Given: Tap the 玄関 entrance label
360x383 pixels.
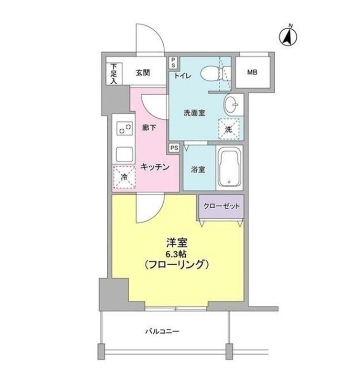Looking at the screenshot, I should pyautogui.click(x=143, y=73).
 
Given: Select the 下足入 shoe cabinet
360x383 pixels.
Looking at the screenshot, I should pyautogui.click(x=114, y=73).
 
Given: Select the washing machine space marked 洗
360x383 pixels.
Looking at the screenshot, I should pyautogui.click(x=229, y=128).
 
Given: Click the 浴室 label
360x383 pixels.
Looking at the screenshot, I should pyautogui.click(x=197, y=169).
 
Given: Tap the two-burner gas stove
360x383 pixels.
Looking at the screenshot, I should pyautogui.click(x=124, y=129).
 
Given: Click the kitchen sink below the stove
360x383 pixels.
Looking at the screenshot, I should pyautogui.click(x=124, y=153).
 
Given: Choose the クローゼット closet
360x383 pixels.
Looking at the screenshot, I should pyautogui.click(x=221, y=206).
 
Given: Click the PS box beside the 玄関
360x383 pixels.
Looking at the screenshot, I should pyautogui.click(x=173, y=62).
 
